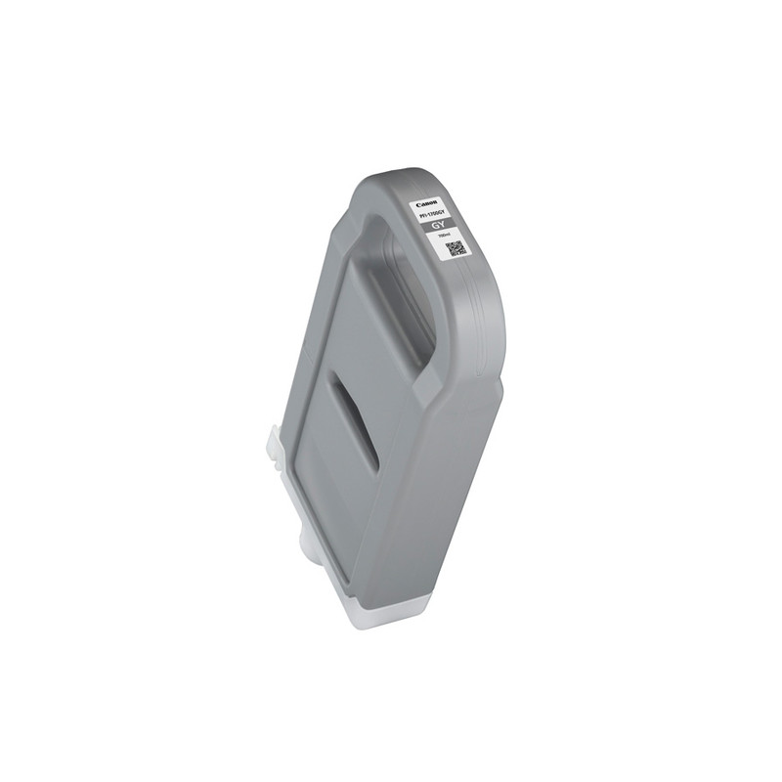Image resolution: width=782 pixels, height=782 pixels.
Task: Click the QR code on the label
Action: click(456, 247)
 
